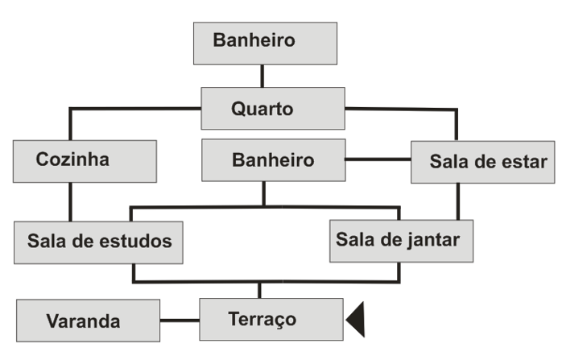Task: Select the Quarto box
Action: coord(272,108)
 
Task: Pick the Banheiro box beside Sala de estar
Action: coord(272,159)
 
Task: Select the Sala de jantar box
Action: coord(400,239)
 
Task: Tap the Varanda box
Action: coord(87,321)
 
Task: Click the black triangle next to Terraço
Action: coord(357,321)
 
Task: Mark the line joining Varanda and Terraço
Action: coord(179,321)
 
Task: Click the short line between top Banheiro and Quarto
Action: coord(262,77)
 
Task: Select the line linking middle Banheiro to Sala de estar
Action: coord(377,159)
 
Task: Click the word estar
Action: coord(524,162)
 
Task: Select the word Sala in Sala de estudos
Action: coord(46,241)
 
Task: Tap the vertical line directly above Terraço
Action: coord(259,290)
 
